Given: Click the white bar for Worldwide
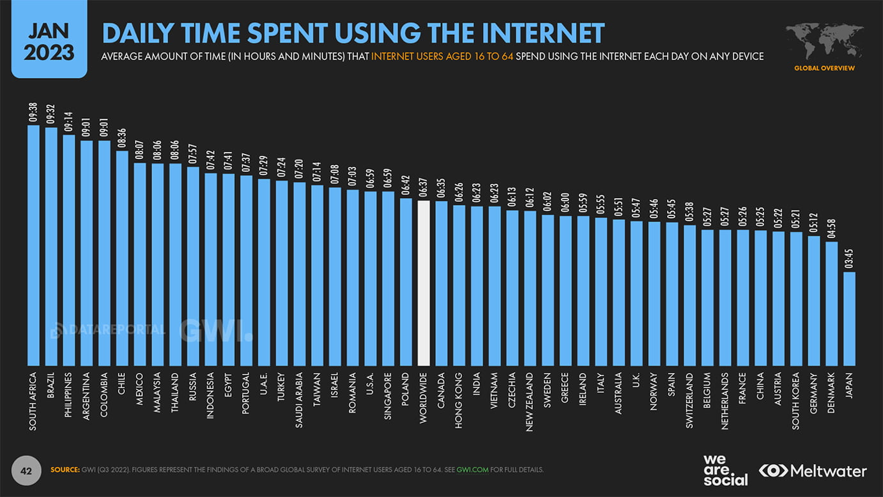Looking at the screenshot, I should (423, 282).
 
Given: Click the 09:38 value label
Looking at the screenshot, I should (33, 112).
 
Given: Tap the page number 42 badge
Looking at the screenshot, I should (26, 471).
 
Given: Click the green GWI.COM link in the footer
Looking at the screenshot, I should (473, 470).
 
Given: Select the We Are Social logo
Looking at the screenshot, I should (725, 470).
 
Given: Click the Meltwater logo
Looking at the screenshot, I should (813, 471).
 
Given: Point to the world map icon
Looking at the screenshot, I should (824, 42).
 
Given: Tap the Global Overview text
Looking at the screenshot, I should (824, 68).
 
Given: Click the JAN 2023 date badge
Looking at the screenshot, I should (49, 40).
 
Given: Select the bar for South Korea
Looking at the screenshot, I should (795, 298).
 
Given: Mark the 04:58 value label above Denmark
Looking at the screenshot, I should (831, 228).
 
